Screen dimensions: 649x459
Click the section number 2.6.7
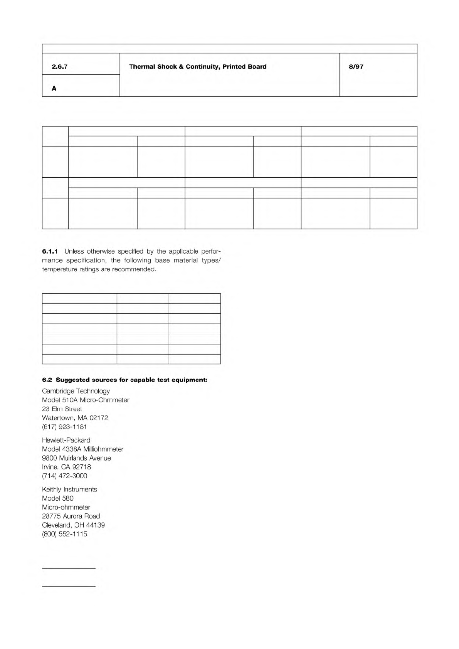coord(60,67)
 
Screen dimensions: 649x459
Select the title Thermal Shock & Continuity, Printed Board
coord(198,67)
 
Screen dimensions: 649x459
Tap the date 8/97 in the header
coord(356,67)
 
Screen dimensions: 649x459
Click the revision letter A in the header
coord(54,89)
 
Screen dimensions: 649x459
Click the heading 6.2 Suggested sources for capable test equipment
coord(124,380)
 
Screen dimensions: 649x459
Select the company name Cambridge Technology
coord(76,391)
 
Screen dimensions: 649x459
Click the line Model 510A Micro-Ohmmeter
coord(86,400)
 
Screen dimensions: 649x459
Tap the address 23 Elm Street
coord(62,409)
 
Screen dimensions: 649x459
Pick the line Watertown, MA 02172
coord(75,418)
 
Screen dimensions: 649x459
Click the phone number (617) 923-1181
coord(64,427)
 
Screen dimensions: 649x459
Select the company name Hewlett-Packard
coord(66,440)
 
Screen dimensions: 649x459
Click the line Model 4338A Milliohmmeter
coord(83,449)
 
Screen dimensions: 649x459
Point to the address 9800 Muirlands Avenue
coord(76,458)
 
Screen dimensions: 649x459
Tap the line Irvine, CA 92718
coord(66,467)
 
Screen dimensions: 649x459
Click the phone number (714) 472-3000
coord(65,476)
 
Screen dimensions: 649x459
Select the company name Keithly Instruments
coord(69,489)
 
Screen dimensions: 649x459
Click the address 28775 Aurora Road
coord(71,516)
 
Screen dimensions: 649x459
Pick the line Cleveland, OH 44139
coord(73,525)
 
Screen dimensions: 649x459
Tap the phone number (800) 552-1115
coord(64,534)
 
